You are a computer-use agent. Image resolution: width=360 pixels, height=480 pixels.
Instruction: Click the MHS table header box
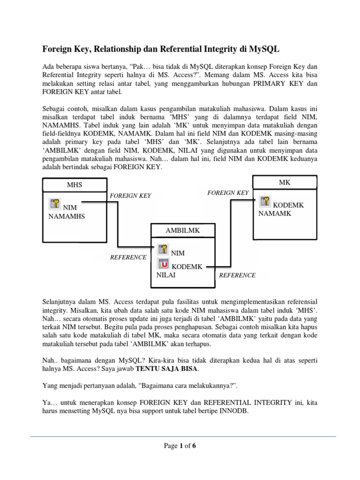coord(75,185)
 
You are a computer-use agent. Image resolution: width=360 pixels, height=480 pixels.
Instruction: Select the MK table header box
coord(285,182)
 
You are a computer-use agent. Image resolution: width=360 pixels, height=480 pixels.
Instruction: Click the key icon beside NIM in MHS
coord(55,203)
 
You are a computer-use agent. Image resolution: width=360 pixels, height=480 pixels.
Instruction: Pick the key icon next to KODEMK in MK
coord(265,202)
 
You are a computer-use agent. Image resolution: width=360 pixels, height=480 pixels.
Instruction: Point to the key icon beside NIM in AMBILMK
coord(164,249)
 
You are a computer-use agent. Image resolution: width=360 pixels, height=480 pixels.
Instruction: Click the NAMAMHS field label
coord(67,216)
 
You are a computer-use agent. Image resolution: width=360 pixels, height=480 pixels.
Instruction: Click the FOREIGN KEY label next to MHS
coord(130,195)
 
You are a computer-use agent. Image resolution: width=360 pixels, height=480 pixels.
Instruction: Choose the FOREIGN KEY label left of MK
coord(228,193)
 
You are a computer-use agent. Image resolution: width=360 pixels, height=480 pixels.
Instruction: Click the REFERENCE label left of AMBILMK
coord(128,257)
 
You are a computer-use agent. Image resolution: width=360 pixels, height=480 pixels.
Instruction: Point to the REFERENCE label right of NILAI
coord(237,275)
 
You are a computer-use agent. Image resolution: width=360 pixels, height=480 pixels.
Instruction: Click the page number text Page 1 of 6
coord(180,446)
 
